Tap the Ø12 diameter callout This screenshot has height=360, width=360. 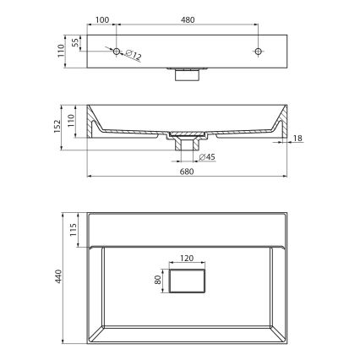click(133, 57)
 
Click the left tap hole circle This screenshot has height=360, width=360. click(117, 51)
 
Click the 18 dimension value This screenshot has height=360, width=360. click(298, 139)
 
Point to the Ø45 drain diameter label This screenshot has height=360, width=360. click(206, 157)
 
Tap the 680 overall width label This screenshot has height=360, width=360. click(187, 171)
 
